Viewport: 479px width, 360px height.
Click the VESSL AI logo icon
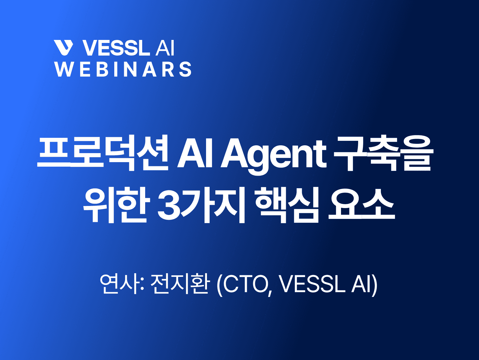pos(64,48)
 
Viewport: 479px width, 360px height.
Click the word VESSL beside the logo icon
pos(115,48)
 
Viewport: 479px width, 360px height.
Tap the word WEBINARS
pos(123,69)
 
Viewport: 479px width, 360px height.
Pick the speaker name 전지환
pos(179,284)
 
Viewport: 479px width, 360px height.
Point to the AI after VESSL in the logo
pos(165,48)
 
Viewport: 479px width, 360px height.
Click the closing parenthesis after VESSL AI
pos(375,285)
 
